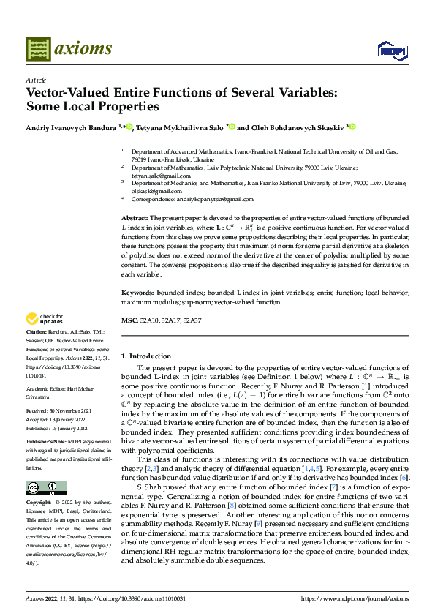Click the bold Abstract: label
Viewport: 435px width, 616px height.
[x=135, y=219]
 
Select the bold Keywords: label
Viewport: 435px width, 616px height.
[x=137, y=293]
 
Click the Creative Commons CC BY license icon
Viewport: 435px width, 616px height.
[x=46, y=488]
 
